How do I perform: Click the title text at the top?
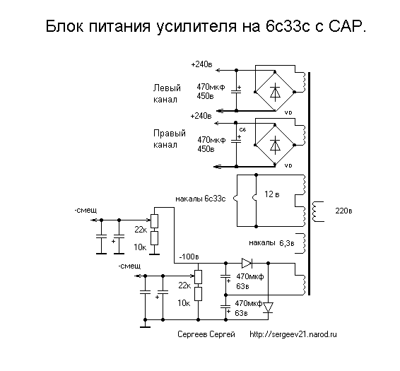tap(206, 27)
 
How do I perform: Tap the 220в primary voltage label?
tap(343, 211)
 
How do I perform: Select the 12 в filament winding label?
tap(271, 194)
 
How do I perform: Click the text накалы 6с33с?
tap(201, 199)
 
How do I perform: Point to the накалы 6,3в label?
tap(271, 243)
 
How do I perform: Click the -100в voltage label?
tap(189, 257)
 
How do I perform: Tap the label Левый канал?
tap(167, 93)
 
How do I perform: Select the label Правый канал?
tap(170, 139)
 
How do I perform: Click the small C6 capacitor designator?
tap(242, 130)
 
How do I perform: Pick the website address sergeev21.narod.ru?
tap(293, 334)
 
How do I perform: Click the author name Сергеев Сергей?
tap(206, 334)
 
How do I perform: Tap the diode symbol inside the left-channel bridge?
tap(275, 93)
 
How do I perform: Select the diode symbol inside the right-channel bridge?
tap(275, 145)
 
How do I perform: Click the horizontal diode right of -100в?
tap(247, 263)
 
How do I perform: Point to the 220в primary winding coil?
tap(317, 211)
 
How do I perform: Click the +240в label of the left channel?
tap(201, 64)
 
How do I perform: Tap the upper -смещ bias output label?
tap(86, 211)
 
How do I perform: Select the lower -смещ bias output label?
tap(129, 266)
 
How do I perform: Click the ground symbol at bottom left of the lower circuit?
tap(145, 325)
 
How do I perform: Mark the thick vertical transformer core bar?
tap(309, 184)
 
